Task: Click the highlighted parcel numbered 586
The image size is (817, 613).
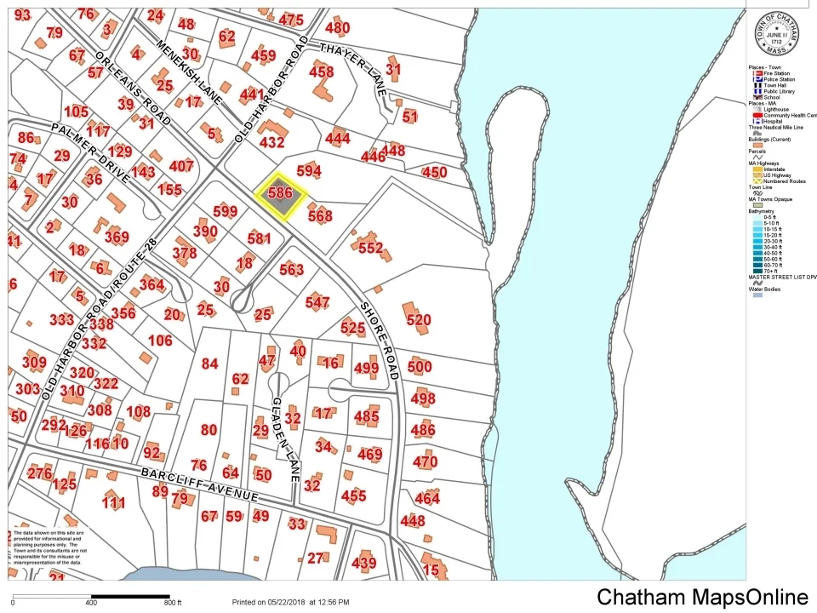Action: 281,194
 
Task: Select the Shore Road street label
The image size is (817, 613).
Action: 380,340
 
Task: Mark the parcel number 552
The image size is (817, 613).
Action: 371,248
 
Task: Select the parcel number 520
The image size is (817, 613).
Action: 419,320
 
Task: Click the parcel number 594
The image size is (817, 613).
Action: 309,172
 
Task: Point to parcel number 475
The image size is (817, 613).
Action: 291,20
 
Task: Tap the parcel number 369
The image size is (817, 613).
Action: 117,238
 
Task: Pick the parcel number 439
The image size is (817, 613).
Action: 363,563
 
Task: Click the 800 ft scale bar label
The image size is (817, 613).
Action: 173,603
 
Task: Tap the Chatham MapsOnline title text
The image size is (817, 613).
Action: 702,597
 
